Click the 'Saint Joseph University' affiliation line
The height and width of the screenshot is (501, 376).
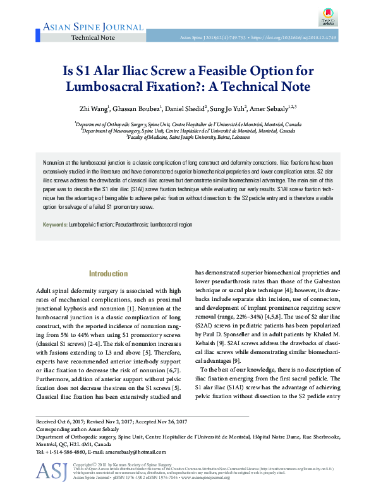point(188,137)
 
